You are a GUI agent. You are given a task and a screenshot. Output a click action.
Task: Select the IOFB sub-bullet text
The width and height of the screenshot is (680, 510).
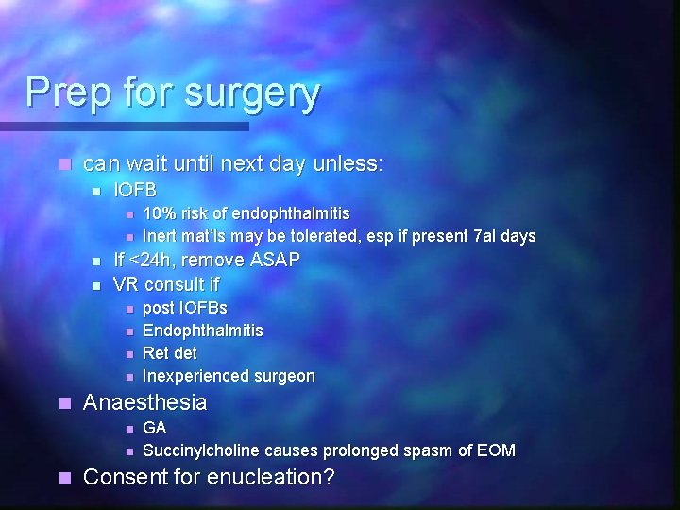click(135, 190)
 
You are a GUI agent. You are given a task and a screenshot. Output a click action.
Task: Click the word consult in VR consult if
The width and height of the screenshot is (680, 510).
click(174, 283)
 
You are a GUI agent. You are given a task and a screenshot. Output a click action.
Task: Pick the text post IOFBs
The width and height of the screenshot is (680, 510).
click(184, 308)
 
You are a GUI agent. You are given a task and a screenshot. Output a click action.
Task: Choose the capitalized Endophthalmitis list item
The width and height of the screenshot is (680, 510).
click(202, 331)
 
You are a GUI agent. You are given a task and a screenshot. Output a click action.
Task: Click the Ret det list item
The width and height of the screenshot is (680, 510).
click(170, 353)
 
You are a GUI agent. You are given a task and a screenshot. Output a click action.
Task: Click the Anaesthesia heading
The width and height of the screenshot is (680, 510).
click(144, 402)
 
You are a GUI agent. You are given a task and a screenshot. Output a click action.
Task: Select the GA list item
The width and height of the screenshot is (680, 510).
click(154, 428)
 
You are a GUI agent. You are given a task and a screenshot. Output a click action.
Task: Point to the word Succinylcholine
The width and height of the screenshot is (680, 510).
click(201, 450)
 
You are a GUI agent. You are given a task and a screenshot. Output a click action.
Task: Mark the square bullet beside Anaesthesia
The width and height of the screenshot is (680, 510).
click(64, 403)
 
